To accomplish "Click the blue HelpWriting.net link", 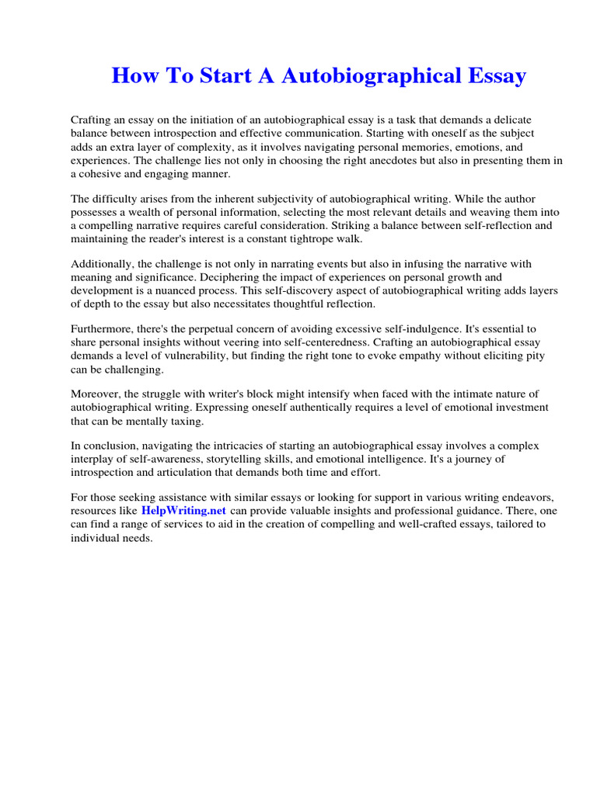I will (183, 511).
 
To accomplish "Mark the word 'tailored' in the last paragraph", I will (514, 525).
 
